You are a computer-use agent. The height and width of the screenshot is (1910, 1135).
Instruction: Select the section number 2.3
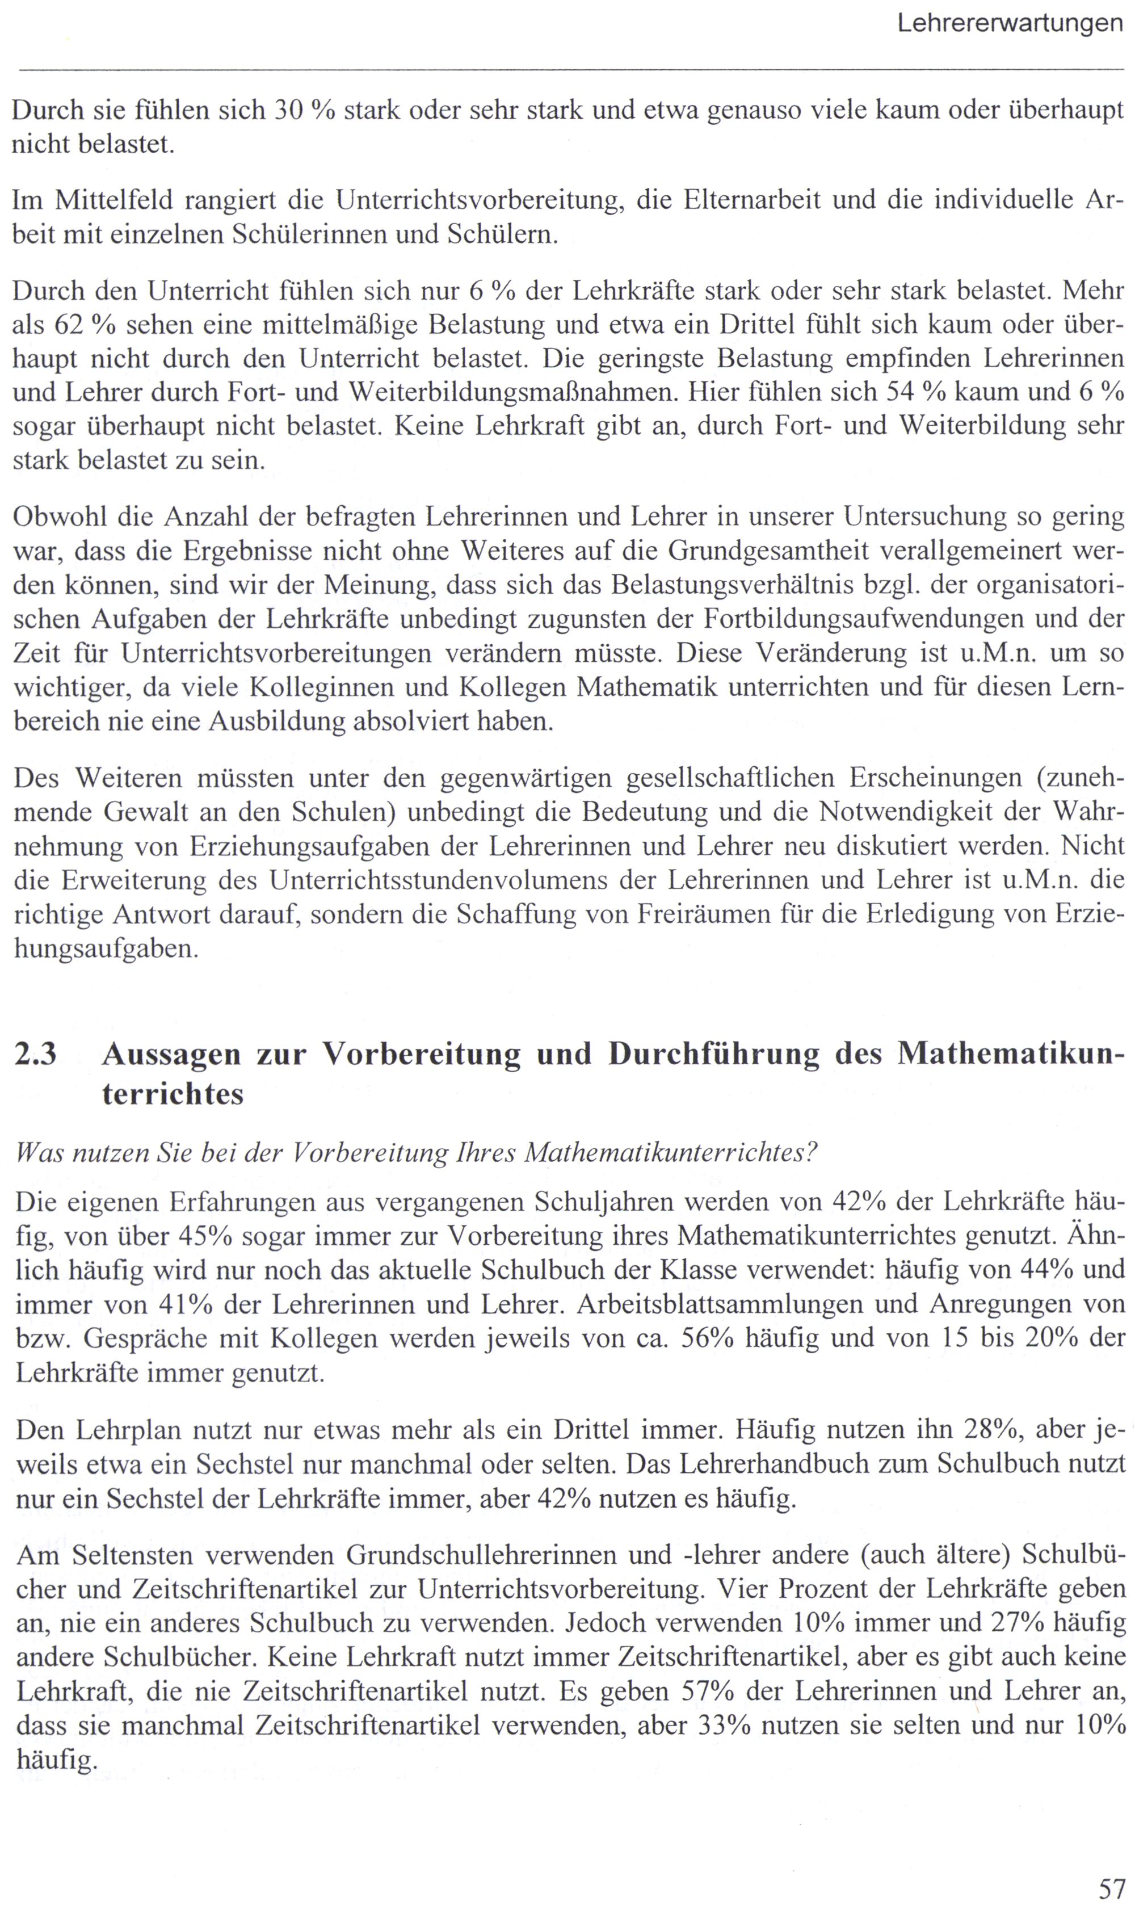35,1054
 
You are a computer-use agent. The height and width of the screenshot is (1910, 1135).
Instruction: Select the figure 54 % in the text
915,392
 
